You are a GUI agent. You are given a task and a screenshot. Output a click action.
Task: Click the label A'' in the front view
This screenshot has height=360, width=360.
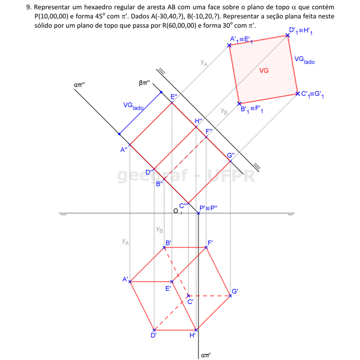click(124, 150)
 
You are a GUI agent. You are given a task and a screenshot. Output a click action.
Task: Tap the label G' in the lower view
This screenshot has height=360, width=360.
click(235, 291)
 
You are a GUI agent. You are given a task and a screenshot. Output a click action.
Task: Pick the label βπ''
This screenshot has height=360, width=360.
click(145, 83)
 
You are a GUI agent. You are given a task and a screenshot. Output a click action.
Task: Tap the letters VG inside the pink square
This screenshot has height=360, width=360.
click(264, 70)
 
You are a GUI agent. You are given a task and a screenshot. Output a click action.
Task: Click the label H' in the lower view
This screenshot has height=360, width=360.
click(192, 335)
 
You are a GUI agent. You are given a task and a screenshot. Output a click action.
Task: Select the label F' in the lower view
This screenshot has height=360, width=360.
click(210, 243)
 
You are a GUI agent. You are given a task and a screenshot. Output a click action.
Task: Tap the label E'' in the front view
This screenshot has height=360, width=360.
click(174, 97)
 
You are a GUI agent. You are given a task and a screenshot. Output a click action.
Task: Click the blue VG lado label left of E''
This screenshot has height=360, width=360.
click(133, 106)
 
